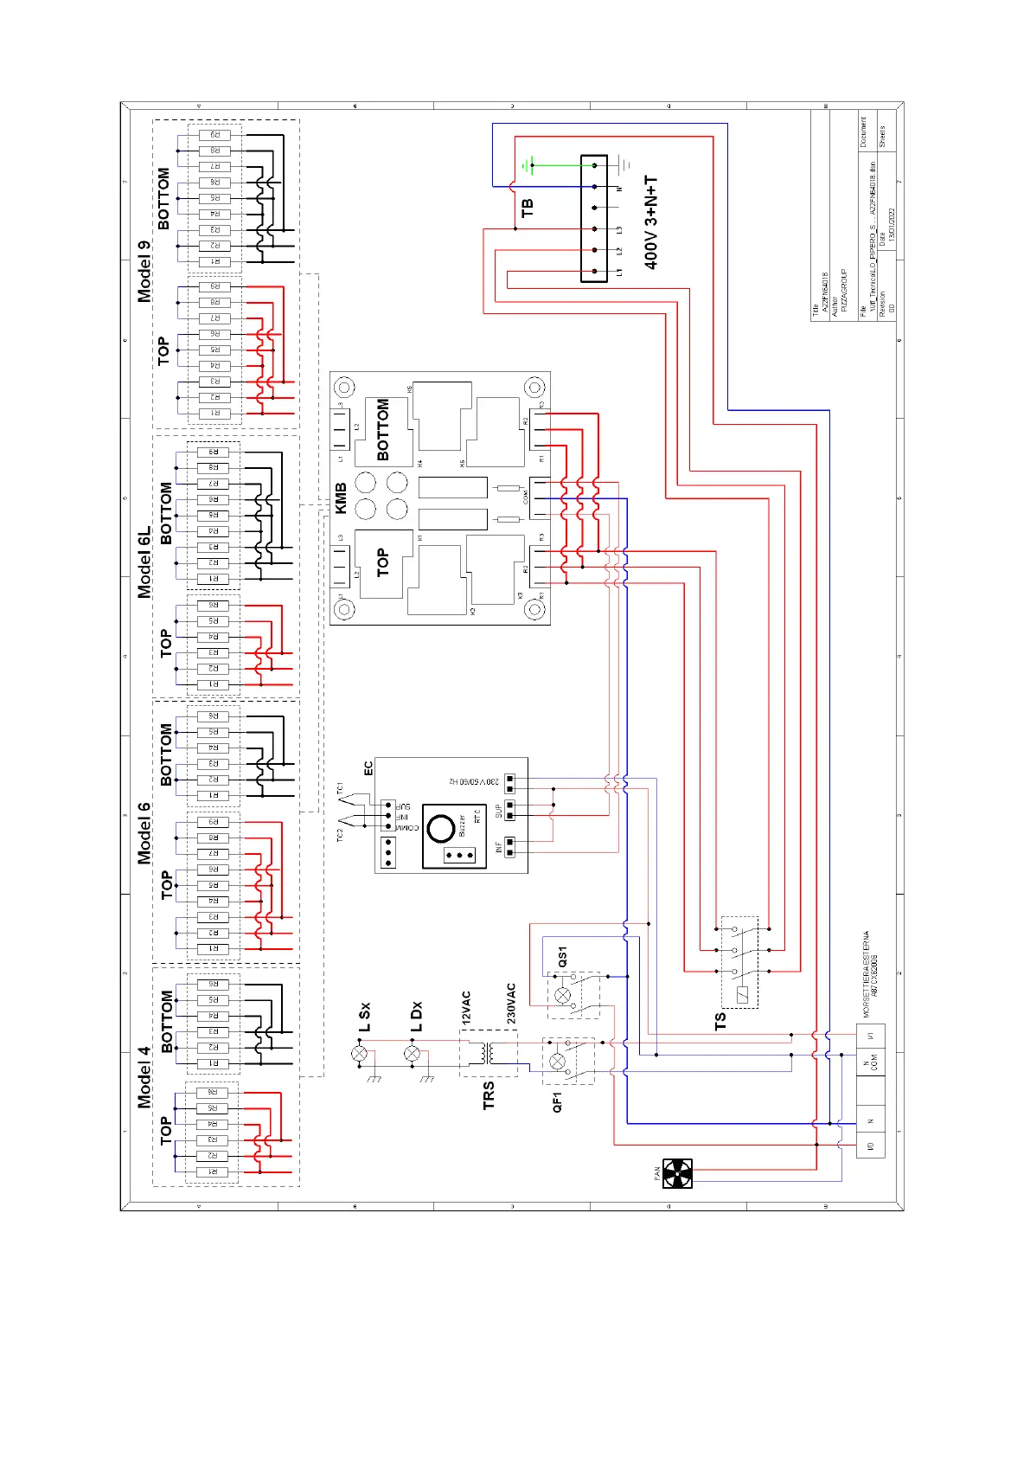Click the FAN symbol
[677, 1173]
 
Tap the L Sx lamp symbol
[360, 1053]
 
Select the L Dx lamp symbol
[413, 1053]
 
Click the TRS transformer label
[489, 1094]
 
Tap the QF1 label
[558, 1102]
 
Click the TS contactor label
[721, 1021]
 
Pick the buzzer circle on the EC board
[441, 828]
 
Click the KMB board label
[341, 498]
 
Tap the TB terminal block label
[528, 208]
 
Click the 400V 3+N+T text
[651, 222]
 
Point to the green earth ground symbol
[529, 164]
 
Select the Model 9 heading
[144, 271]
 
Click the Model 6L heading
[144, 562]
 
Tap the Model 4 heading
[144, 1077]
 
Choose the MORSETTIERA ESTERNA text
[867, 973]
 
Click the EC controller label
[368, 768]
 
